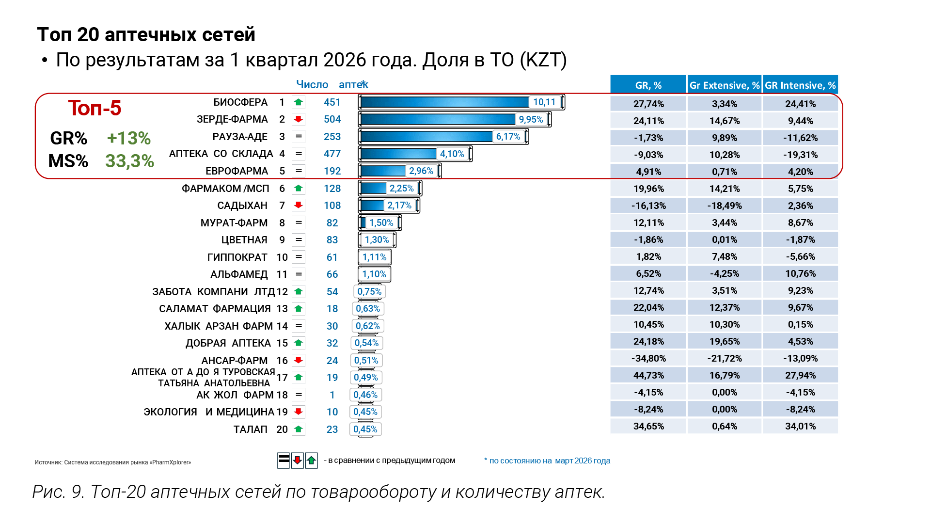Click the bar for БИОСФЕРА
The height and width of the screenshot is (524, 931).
tap(461, 102)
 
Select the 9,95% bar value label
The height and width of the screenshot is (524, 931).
tap(531, 119)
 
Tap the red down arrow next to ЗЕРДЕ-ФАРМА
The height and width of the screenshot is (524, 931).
tap(299, 119)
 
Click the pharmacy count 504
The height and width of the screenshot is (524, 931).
tap(332, 119)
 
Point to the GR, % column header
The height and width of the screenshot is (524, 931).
tap(648, 85)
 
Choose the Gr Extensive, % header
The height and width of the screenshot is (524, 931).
tap(724, 85)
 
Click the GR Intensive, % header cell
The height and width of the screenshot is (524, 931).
tap(800, 85)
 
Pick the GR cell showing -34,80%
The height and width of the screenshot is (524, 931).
tap(648, 358)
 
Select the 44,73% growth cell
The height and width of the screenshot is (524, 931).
tap(648, 375)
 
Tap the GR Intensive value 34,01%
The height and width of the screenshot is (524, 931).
tap(800, 426)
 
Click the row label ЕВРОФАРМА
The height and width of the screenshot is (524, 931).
tap(237, 171)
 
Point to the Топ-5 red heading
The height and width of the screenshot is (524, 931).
tap(95, 108)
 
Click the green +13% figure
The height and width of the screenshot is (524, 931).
tap(128, 138)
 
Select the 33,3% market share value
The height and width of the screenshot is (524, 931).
tap(129, 161)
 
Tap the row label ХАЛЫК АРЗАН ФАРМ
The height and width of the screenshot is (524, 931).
tap(219, 326)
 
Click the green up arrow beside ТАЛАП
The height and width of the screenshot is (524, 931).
tap(299, 429)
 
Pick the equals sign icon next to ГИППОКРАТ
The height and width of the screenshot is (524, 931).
tap(299, 257)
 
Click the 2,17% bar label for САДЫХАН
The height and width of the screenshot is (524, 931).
tap(399, 206)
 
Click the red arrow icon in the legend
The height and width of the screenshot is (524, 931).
tap(298, 460)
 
